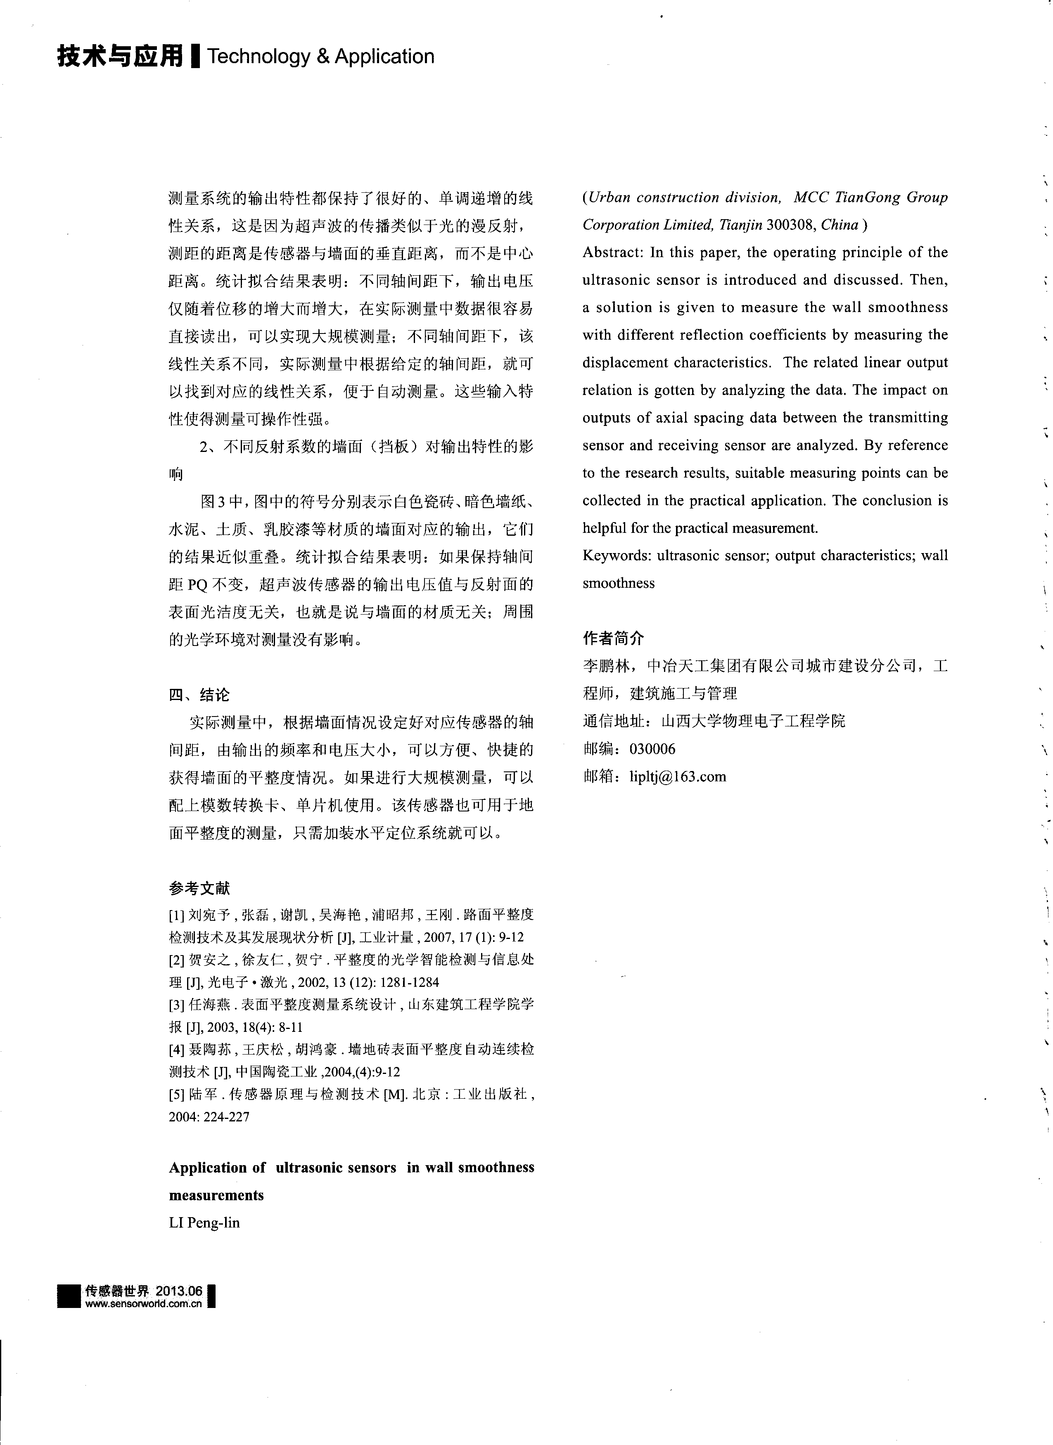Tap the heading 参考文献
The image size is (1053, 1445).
199,887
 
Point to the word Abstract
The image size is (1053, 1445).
612,252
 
